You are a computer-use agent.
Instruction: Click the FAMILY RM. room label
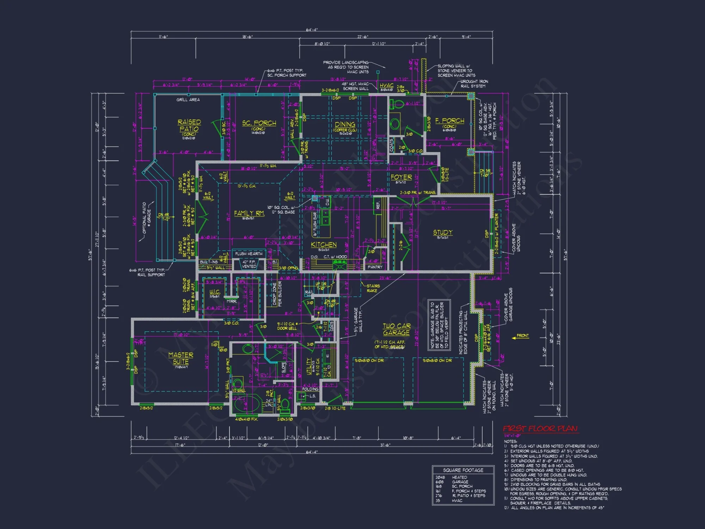click(x=249, y=213)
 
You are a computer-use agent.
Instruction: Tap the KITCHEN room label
click(x=324, y=245)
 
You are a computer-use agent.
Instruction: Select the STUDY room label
click(x=443, y=232)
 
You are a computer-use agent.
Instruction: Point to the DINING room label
click(x=345, y=124)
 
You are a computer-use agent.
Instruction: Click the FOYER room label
click(x=401, y=177)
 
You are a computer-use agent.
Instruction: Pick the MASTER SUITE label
click(x=180, y=358)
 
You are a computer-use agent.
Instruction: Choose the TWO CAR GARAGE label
click(x=397, y=329)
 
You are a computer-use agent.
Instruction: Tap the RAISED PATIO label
click(x=189, y=126)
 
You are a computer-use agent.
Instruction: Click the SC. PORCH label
click(x=259, y=123)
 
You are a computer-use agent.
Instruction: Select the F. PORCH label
click(x=450, y=121)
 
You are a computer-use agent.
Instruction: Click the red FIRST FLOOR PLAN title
click(x=540, y=428)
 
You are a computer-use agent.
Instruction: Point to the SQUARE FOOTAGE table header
click(x=463, y=470)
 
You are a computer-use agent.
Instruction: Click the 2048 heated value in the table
click(x=440, y=477)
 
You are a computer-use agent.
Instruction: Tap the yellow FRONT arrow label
click(x=522, y=335)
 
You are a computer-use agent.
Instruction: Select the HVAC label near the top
click(x=386, y=85)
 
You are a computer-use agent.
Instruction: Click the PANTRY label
click(x=375, y=267)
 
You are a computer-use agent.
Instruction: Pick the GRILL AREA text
click(x=188, y=100)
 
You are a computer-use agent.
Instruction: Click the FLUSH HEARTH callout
click(x=249, y=254)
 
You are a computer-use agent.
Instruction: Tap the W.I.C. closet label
click(x=215, y=292)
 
